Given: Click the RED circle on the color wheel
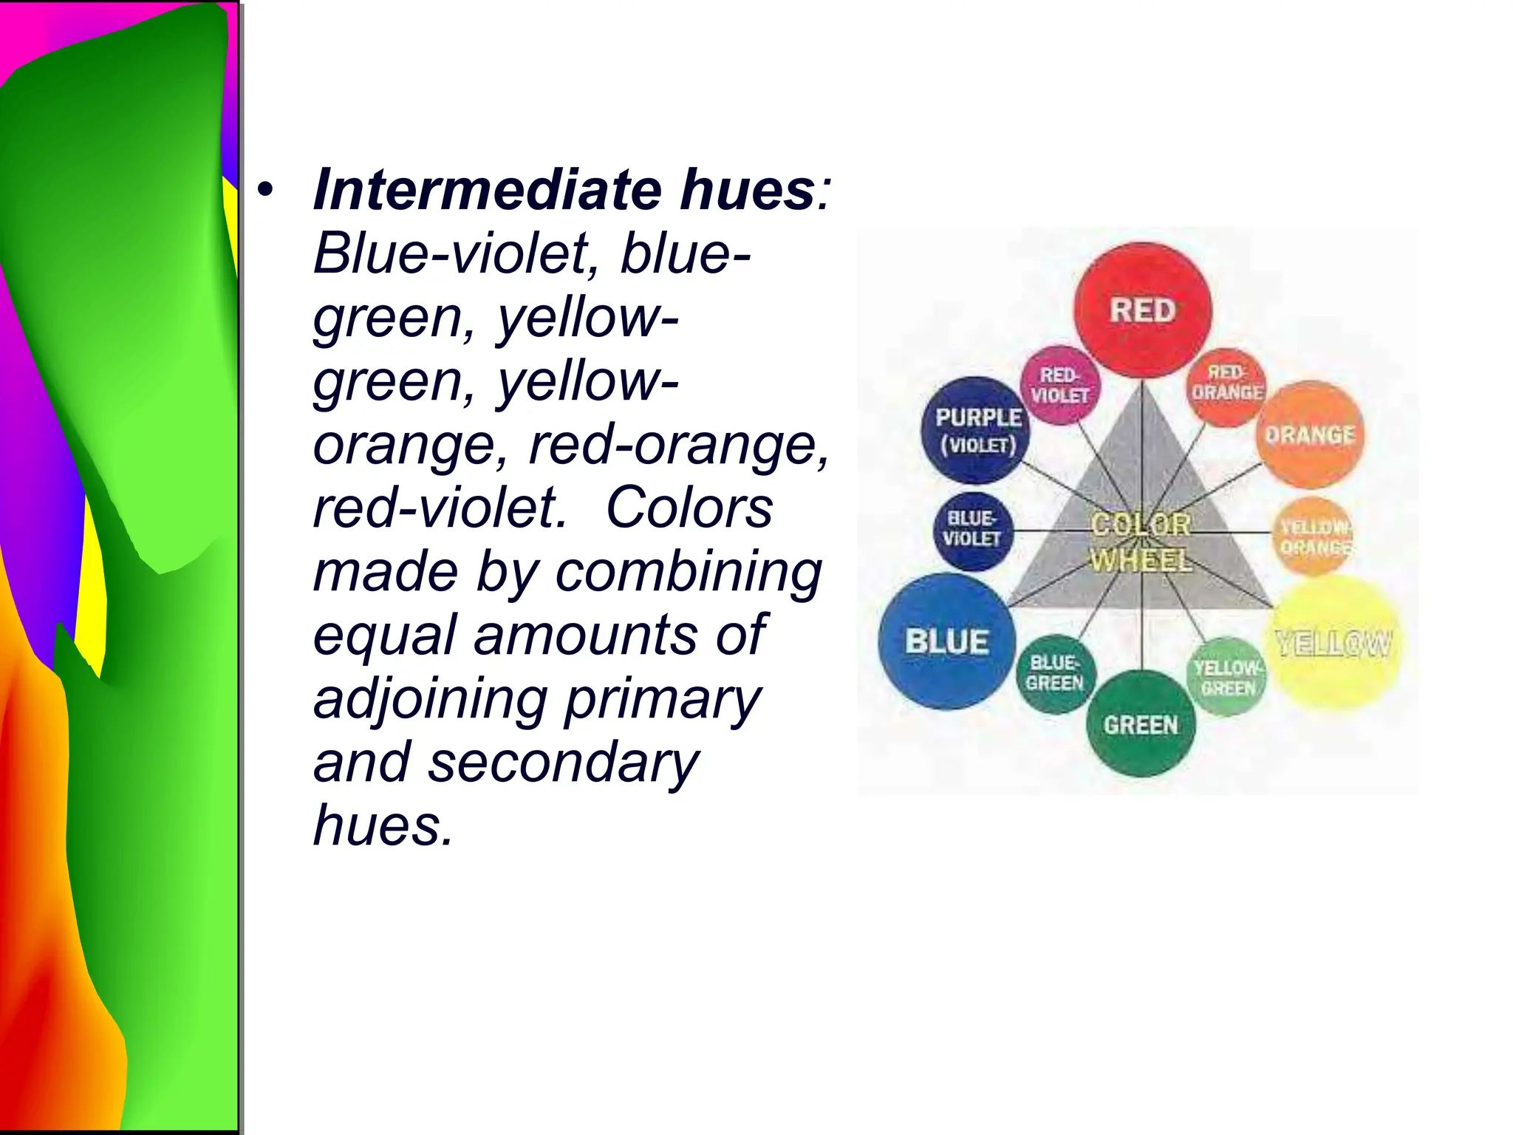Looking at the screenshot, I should pyautogui.click(x=1142, y=310).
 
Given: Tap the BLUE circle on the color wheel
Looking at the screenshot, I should pyautogui.click(x=946, y=641).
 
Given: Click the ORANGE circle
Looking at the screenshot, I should pyautogui.click(x=1310, y=434).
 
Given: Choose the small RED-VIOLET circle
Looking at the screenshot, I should pyautogui.click(x=1060, y=385).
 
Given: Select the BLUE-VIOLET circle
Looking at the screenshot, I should pyautogui.click(x=972, y=530).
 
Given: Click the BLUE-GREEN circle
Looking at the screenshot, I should pyautogui.click(x=1055, y=673).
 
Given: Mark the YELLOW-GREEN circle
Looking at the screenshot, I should pyautogui.click(x=1227, y=677).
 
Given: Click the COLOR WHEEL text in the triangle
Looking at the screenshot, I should pyautogui.click(x=1141, y=542).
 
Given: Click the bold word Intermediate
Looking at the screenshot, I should pyautogui.click(x=488, y=190).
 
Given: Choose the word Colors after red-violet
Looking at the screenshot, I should pyautogui.click(x=689, y=508).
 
